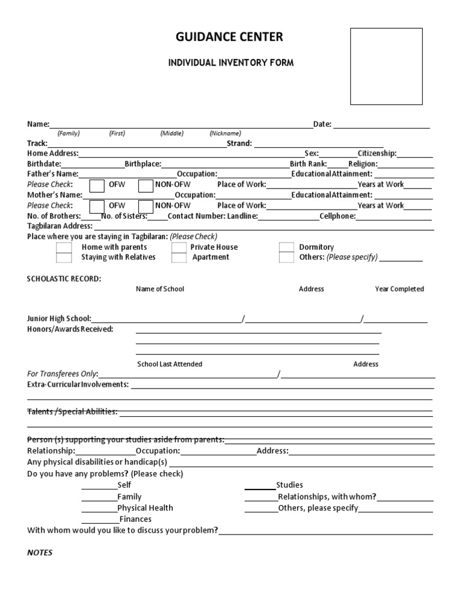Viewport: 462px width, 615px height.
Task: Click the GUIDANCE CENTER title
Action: tap(229, 38)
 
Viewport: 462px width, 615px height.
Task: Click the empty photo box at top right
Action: tap(386, 66)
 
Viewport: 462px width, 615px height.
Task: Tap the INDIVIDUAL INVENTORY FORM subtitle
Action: tap(230, 63)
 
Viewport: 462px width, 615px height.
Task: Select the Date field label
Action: tap(322, 124)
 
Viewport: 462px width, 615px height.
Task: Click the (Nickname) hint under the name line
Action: tap(225, 133)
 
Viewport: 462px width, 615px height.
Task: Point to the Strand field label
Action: tap(239, 144)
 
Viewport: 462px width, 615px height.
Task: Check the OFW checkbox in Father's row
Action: tap(96, 185)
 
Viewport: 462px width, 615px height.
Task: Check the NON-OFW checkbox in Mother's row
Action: tap(146, 206)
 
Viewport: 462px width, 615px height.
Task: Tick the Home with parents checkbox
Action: tap(64, 247)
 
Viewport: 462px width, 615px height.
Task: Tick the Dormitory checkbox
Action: tap(287, 247)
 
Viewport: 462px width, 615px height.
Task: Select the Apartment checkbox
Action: tap(179, 258)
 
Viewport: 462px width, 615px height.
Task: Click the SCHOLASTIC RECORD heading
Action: tap(64, 279)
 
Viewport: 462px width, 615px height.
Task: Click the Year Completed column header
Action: tap(399, 289)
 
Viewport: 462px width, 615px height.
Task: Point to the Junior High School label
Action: tap(59, 318)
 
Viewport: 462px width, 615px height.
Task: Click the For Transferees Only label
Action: tap(63, 374)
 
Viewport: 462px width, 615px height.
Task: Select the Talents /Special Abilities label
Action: tap(72, 412)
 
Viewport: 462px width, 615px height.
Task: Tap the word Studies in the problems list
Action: tap(289, 485)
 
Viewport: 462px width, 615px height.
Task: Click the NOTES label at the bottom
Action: tap(40, 553)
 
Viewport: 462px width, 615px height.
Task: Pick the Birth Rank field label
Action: tap(308, 164)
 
